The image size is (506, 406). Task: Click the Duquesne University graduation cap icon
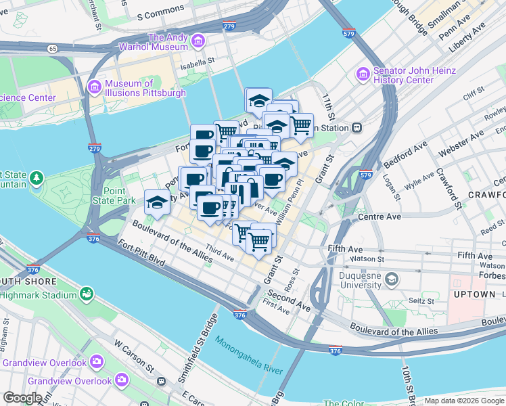pos(391,278)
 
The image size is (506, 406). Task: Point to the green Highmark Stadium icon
pos(87,294)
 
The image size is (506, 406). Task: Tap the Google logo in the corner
pos(22,398)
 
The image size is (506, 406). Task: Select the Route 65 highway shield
pos(52,48)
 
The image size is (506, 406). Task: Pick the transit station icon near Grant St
pos(356,127)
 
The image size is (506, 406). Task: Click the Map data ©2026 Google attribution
pos(464,401)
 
